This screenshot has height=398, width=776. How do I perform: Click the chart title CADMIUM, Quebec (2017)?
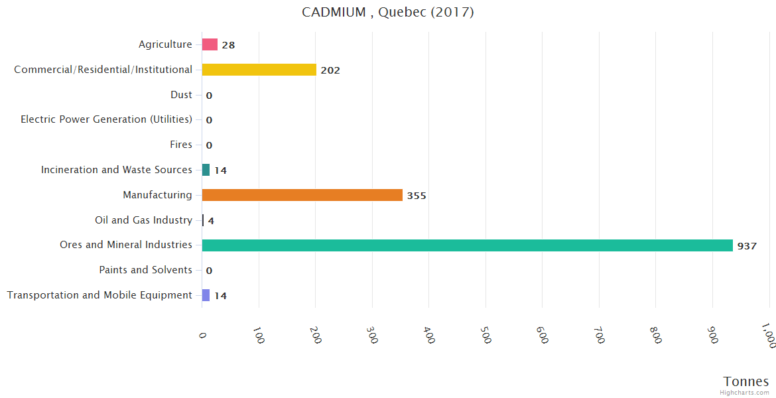click(387, 13)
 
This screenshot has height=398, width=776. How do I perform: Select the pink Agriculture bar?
click(210, 44)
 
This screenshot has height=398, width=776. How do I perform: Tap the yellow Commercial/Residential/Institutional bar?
click(259, 70)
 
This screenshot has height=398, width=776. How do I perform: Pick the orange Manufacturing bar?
click(302, 195)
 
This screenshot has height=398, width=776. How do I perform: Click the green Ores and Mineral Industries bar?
click(467, 245)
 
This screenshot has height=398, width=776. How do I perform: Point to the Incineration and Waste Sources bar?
click(206, 170)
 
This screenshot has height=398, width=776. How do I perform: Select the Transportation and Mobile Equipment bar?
click(206, 295)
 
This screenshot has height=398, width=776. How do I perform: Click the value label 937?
click(747, 246)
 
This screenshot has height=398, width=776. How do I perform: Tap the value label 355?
click(417, 196)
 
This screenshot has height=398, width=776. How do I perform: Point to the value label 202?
click(330, 70)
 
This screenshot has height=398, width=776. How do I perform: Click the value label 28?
click(228, 45)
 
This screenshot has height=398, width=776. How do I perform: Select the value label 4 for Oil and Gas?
click(211, 221)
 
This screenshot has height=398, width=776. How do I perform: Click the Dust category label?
click(181, 95)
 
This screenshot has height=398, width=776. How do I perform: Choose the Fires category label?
click(181, 145)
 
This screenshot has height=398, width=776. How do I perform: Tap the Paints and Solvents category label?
click(145, 270)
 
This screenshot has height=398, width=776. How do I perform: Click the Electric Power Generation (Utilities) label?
click(106, 119)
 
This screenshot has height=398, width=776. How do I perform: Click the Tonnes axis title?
click(745, 381)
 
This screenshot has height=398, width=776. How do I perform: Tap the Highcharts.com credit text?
click(744, 393)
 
